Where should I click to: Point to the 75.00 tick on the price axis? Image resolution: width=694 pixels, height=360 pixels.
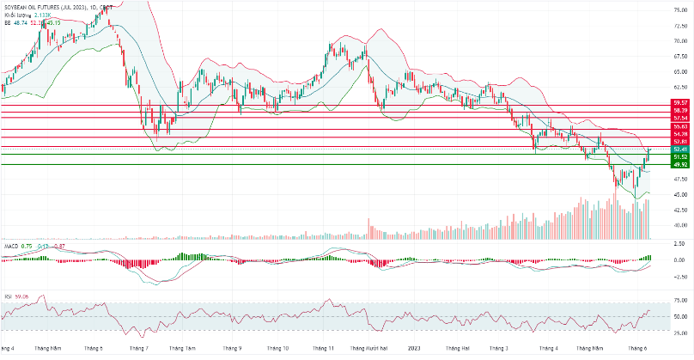point(679,9)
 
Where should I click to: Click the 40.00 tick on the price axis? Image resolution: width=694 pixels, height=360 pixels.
point(679,225)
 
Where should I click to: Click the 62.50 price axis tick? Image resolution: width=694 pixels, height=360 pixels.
point(679,87)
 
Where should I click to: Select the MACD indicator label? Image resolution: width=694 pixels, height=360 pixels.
point(11,245)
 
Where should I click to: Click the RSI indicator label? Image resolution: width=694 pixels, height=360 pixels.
point(9,296)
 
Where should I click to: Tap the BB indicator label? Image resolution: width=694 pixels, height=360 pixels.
point(8,22)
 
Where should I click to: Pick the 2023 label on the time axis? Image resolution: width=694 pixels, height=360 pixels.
point(413,349)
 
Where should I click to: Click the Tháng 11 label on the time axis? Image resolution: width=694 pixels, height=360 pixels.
point(324,349)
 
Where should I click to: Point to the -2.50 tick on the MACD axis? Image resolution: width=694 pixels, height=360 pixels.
point(679,277)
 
